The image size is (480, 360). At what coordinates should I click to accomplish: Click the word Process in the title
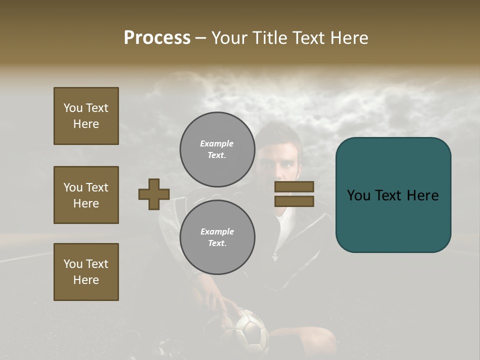pyautogui.click(x=157, y=38)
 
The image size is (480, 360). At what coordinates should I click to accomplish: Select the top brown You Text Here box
pyautogui.click(x=86, y=116)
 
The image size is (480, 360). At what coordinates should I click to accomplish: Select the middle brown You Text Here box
pyautogui.click(x=86, y=195)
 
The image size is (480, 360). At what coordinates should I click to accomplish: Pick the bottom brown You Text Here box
pyautogui.click(x=86, y=272)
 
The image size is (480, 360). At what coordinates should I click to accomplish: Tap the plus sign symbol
pyautogui.click(x=154, y=194)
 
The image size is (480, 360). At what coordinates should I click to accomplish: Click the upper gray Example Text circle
pyautogui.click(x=217, y=149)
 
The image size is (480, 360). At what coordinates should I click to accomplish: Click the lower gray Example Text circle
pyautogui.click(x=217, y=237)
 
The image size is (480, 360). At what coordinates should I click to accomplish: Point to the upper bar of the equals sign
pyautogui.click(x=294, y=186)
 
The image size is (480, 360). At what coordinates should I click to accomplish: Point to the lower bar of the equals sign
pyautogui.click(x=294, y=201)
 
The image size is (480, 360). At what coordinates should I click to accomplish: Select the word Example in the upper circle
pyautogui.click(x=217, y=143)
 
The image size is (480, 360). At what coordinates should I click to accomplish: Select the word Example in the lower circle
pyautogui.click(x=217, y=231)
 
